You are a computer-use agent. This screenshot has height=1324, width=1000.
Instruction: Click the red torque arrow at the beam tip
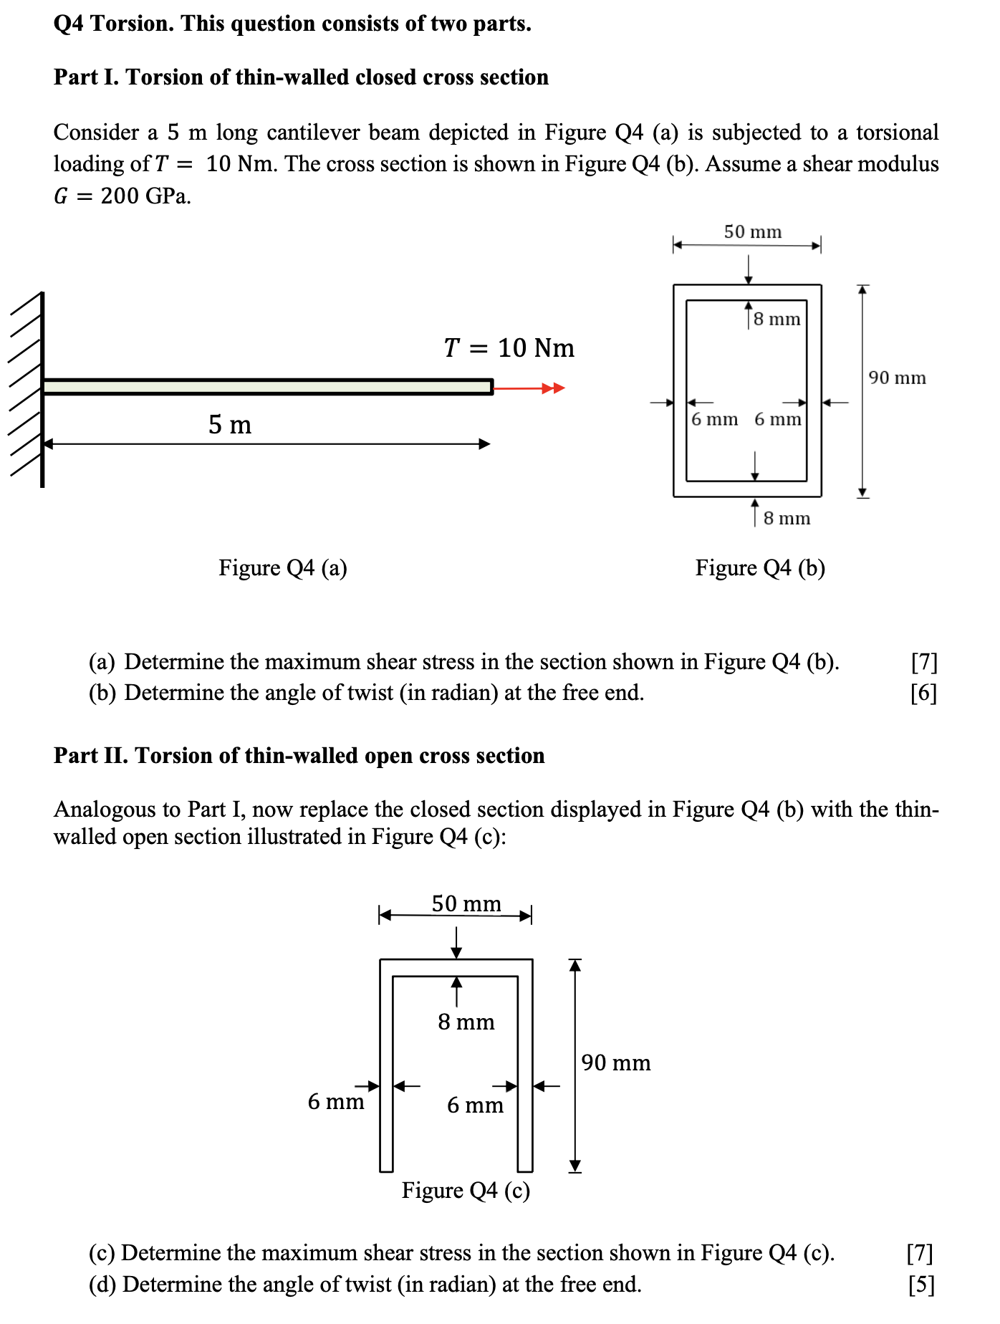click(529, 388)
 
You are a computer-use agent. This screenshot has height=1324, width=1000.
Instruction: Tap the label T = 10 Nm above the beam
click(509, 348)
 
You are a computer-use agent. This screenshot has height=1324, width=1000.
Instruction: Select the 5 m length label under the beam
click(230, 425)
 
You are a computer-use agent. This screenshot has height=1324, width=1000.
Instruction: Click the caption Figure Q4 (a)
click(283, 568)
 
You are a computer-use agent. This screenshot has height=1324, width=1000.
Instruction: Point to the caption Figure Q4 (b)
click(760, 568)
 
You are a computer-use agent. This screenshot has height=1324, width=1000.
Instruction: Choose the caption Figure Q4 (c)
click(466, 1190)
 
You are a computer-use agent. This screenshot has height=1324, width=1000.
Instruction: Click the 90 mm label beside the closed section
click(897, 378)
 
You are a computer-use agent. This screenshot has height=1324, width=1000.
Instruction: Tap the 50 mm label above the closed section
click(752, 231)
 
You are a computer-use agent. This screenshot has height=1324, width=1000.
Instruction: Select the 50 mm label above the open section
click(466, 903)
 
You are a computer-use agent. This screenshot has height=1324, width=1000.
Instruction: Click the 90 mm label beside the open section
click(616, 1062)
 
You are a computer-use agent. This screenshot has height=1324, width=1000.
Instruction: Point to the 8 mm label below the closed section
click(787, 518)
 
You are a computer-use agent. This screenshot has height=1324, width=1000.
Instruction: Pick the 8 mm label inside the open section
click(466, 1022)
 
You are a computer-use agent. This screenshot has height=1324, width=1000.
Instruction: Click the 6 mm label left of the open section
click(336, 1101)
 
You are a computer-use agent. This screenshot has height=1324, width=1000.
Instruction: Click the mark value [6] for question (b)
click(923, 693)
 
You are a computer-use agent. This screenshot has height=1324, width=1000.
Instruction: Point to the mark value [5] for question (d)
click(921, 1285)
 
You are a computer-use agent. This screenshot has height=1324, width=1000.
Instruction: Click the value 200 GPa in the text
click(146, 196)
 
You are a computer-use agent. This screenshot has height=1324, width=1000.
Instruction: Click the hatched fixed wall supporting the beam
click(27, 390)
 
